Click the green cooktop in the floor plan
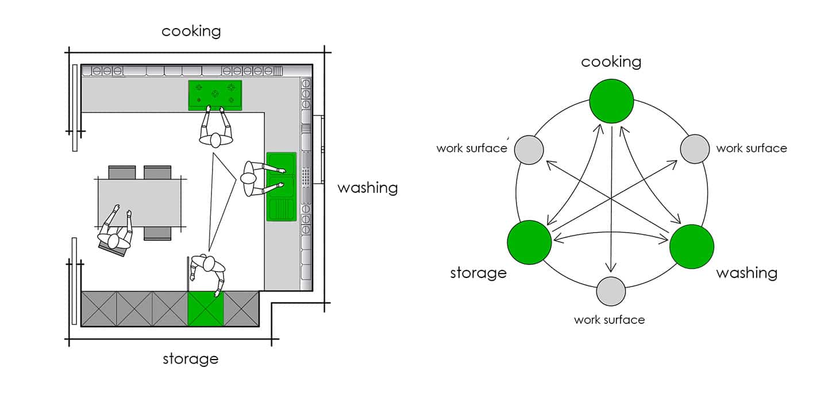215,95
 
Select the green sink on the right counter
281,187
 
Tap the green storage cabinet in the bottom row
206,308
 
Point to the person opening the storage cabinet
208,270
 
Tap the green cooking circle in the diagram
611,101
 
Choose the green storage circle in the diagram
529,243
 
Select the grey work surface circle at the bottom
611,291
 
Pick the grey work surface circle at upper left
528,150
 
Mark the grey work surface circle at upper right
695,149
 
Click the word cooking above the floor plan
191,31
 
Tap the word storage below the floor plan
190,360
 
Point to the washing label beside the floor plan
367,188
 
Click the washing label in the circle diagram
746,273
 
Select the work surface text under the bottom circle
609,319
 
